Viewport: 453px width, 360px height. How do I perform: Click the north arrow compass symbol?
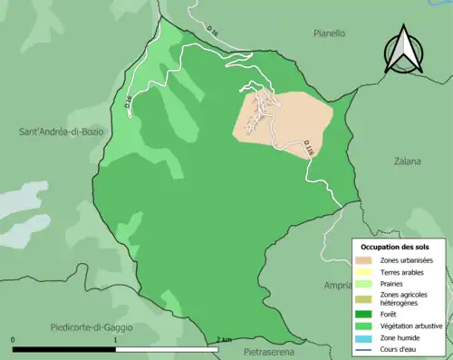tap(404, 50)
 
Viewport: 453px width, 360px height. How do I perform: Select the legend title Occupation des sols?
tap(396, 247)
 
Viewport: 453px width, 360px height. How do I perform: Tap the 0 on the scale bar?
tap(14, 340)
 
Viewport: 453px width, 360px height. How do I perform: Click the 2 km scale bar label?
tap(224, 340)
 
